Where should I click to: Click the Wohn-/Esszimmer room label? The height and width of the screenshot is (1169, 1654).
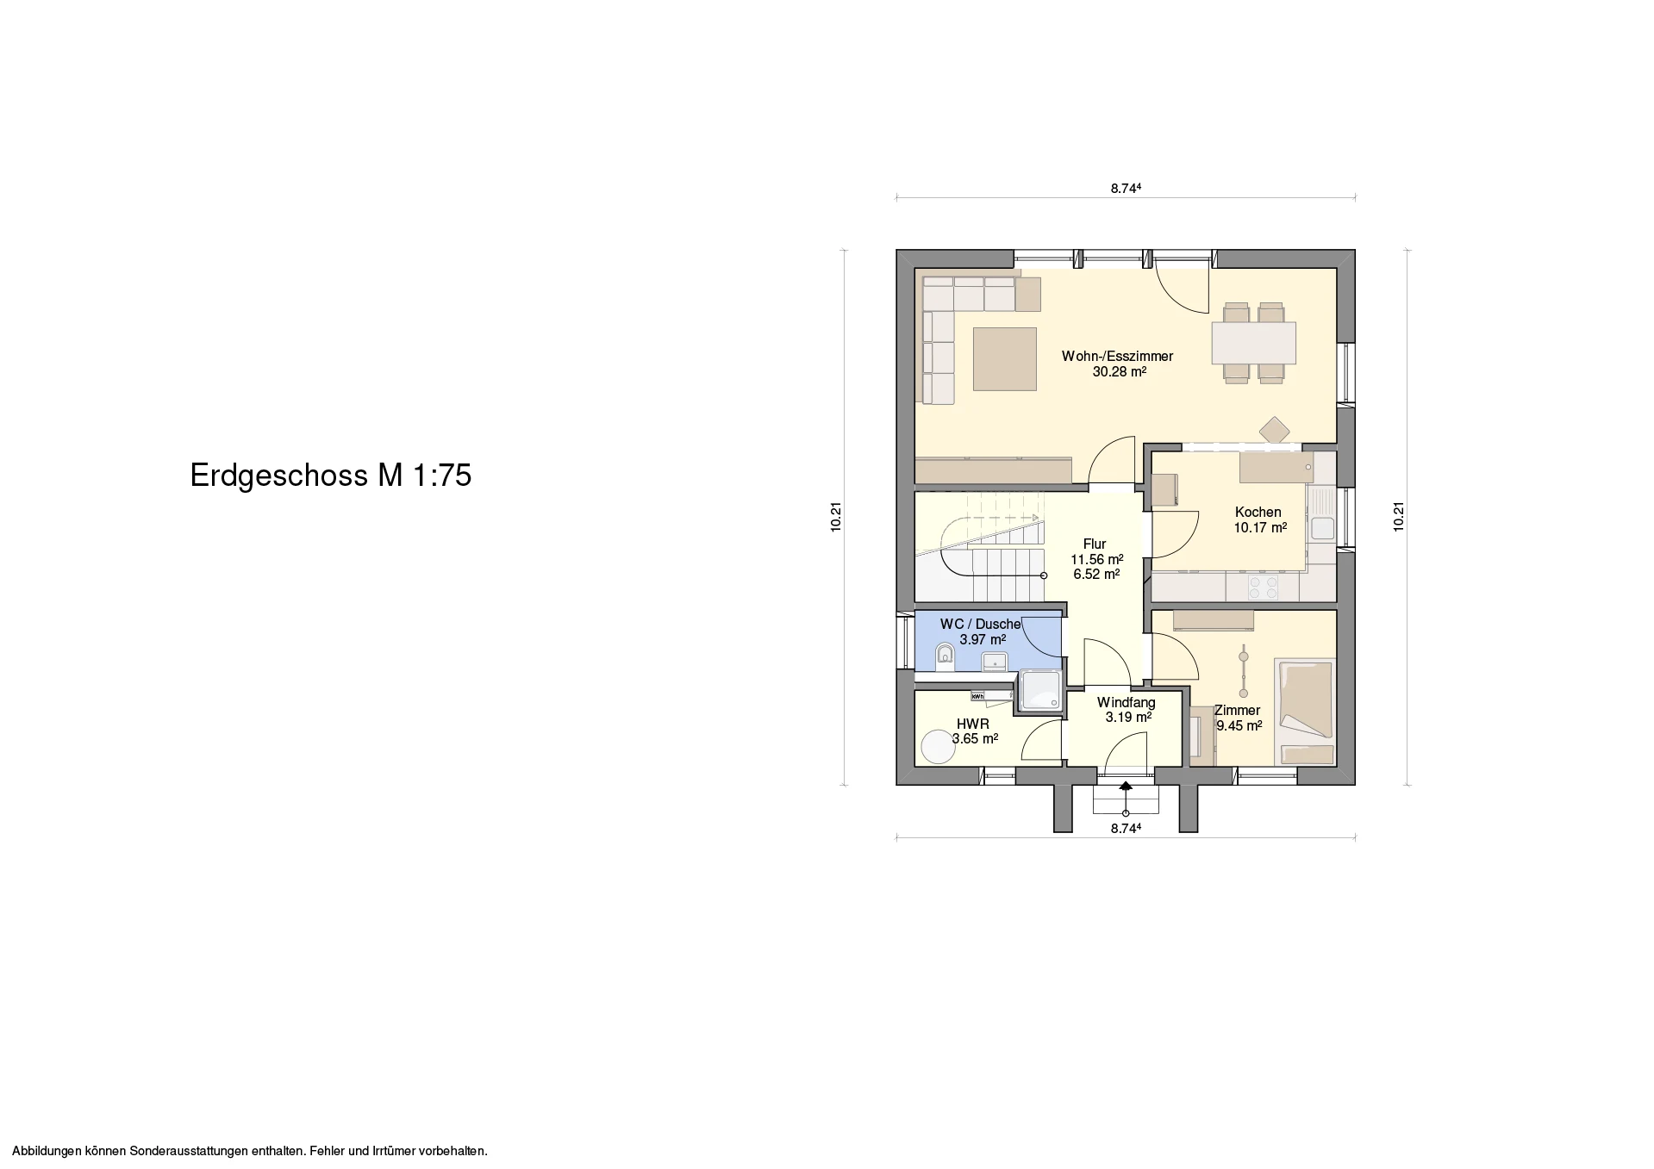tap(1117, 356)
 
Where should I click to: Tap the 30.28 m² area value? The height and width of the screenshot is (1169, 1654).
tap(1119, 372)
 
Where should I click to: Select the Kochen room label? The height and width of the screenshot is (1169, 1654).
tap(1258, 512)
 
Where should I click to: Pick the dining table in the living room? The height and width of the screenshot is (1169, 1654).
tap(1253, 343)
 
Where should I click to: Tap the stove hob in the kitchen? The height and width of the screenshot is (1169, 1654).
tap(1263, 588)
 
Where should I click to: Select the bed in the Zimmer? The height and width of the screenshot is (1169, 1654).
tap(1305, 712)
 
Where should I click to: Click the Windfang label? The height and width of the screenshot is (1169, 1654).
tap(1126, 702)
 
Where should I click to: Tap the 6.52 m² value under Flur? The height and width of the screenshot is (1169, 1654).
tap(1096, 575)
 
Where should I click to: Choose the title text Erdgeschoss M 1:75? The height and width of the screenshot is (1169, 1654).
tap(331, 476)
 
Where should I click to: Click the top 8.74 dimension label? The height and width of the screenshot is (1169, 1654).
tap(1126, 188)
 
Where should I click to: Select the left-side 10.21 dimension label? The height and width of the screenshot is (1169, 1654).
tap(836, 517)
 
